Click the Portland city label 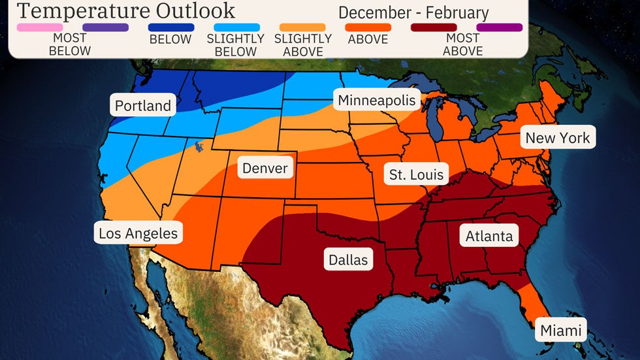point(143,106)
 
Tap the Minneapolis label point(377,101)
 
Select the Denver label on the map point(264,168)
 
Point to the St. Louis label point(416,174)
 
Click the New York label point(557,137)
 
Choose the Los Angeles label point(138,233)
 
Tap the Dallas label point(348,259)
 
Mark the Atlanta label point(489,236)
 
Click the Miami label point(560,331)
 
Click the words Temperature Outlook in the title point(125,11)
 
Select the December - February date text point(413,12)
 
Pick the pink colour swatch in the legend point(40,27)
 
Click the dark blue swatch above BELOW point(171,27)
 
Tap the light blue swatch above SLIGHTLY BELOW point(237,27)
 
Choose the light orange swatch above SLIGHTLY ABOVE point(302,27)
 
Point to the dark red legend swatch point(434,27)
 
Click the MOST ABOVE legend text point(462,44)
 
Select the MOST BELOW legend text point(70,44)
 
